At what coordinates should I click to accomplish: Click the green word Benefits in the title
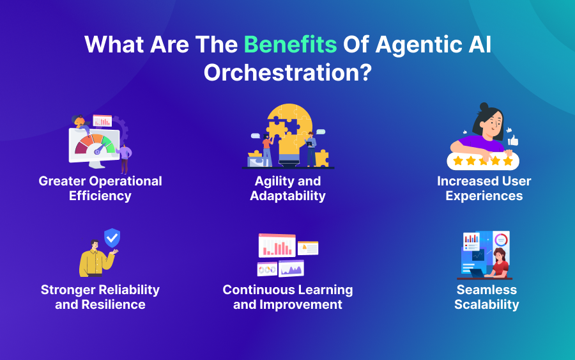tap(291, 45)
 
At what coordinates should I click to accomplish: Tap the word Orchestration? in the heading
tap(287, 72)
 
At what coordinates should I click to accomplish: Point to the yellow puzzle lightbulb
tap(287, 131)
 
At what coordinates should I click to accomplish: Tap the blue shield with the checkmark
tap(112, 239)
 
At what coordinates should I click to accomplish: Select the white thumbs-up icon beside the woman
tap(512, 140)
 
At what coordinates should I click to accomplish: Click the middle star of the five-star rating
tap(483, 160)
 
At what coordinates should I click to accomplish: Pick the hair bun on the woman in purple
tap(484, 107)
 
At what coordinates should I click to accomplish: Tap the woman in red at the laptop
tap(499, 262)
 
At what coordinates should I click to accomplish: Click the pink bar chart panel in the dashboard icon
tap(277, 246)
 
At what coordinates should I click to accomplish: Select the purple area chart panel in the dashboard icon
tap(291, 269)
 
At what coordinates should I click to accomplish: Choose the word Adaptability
tap(287, 196)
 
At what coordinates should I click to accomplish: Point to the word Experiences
tap(484, 196)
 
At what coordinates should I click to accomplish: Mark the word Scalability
tap(486, 304)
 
